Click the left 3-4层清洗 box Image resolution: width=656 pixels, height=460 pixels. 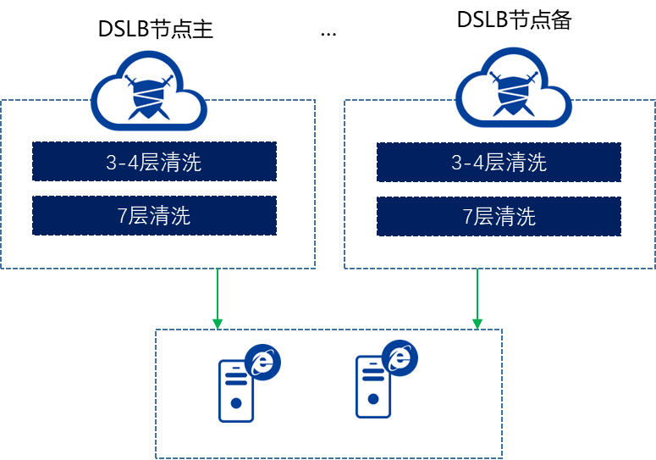point(154,162)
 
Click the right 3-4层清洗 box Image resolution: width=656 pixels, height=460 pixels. point(499,162)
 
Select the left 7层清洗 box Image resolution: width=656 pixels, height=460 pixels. point(154,215)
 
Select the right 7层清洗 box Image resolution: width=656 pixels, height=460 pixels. point(499,216)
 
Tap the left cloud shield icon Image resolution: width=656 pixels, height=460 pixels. point(148,91)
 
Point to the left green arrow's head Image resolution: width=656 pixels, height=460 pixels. point(218,324)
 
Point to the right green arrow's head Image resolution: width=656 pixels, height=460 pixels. point(477,324)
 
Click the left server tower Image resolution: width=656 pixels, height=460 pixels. point(236,391)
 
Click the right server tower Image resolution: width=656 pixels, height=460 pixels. point(373,387)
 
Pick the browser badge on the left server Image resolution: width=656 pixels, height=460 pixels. point(263,363)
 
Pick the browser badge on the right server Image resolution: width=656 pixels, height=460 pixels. point(400,358)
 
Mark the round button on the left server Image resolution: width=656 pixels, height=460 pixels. point(236,404)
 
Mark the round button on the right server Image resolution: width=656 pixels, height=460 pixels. point(373,401)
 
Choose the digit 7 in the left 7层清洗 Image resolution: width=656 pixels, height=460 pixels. point(123,216)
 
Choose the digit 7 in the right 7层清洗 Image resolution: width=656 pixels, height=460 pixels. point(467,217)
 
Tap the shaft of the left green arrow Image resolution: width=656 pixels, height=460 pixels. point(218,293)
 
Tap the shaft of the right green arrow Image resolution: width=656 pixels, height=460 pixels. point(477,293)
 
